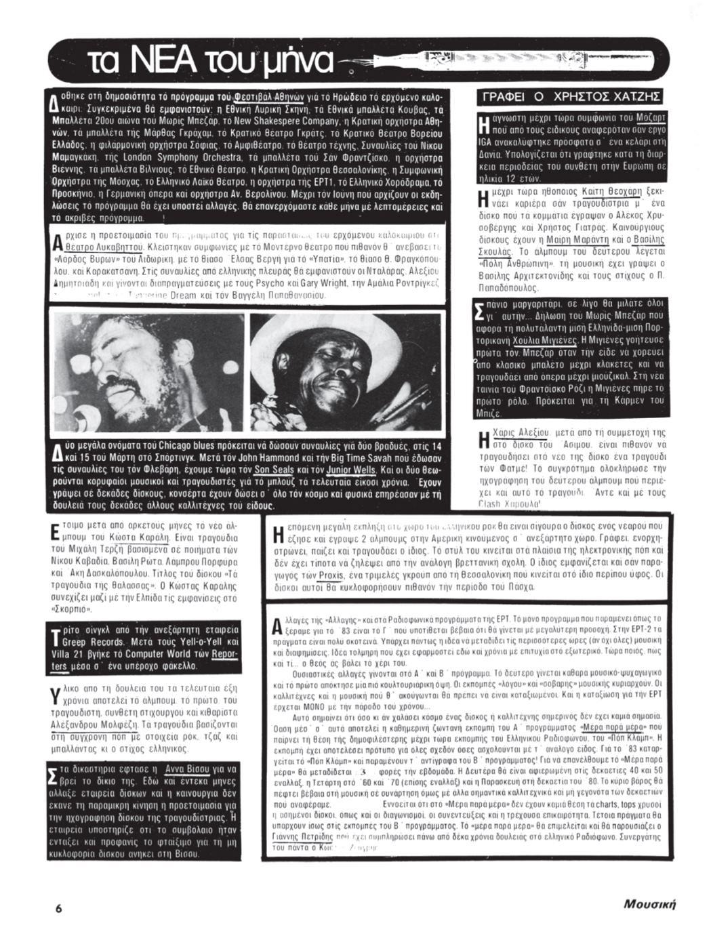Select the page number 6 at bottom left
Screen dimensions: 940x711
[59, 908]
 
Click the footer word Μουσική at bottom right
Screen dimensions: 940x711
[650, 905]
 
